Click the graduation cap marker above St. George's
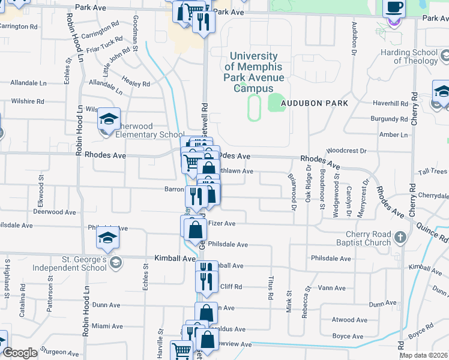point(108,238)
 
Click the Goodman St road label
point(135,32)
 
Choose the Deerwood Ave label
point(54,212)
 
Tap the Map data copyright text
point(424,356)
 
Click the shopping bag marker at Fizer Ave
point(196,229)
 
